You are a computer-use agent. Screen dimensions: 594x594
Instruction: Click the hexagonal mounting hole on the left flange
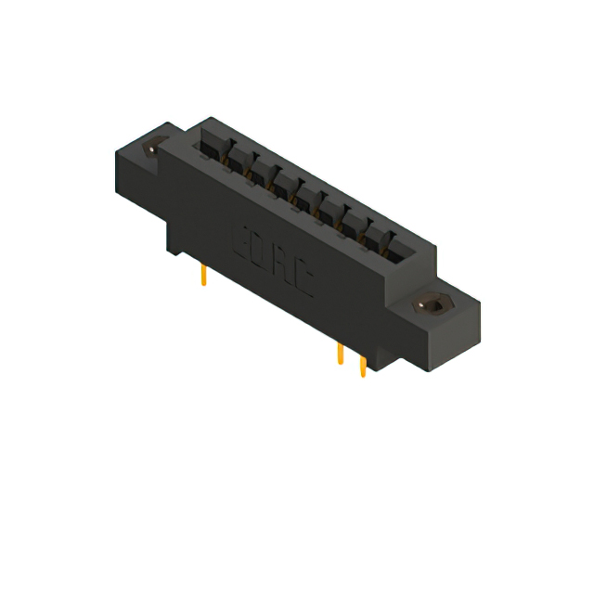tap(153, 146)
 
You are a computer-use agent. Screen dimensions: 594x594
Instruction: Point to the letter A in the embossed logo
tap(281, 262)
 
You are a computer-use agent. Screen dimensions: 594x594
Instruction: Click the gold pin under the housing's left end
tap(204, 275)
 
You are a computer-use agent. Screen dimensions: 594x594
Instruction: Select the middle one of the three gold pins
tap(341, 355)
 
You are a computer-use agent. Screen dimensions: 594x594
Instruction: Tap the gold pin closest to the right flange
tap(362, 366)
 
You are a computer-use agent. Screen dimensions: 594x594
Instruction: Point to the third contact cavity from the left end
tap(258, 168)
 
